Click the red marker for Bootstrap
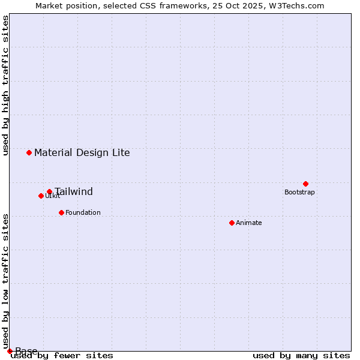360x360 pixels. coord(305,184)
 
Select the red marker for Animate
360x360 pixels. coord(232,223)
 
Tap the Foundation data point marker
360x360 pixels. coord(61,212)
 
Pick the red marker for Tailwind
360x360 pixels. coord(49,192)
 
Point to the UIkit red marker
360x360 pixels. coord(41,196)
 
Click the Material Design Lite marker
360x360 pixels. coord(29,152)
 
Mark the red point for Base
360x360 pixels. coord(10,351)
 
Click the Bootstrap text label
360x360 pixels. coord(299,192)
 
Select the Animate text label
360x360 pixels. coord(248,223)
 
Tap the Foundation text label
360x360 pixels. coord(83,212)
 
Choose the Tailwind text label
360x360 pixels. coord(74,192)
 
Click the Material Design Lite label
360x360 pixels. coord(82,152)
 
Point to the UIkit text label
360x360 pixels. coord(53,196)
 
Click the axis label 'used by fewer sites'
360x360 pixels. coord(62,355)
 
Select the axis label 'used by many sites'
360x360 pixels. coord(301,355)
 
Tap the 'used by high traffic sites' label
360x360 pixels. coord(5,86)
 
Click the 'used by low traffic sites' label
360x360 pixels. coord(5,281)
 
